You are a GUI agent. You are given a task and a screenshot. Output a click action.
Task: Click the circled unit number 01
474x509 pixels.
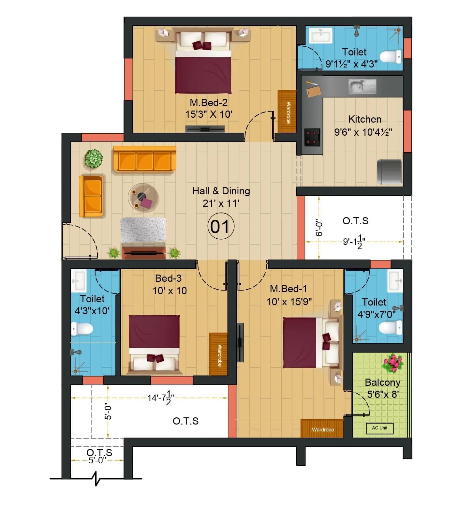[x=221, y=227]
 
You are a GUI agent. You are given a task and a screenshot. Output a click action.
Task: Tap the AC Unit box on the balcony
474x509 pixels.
[x=379, y=428]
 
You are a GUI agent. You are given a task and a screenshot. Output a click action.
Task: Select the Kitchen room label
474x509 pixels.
[x=364, y=119]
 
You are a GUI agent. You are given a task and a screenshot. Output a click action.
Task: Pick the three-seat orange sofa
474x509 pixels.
[x=144, y=159]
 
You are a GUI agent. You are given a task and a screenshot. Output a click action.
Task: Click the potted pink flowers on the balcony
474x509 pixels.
[x=393, y=363]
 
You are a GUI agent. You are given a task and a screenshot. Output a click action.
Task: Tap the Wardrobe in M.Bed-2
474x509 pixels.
[x=287, y=112]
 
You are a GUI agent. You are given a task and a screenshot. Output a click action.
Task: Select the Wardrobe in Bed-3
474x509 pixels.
[x=218, y=354]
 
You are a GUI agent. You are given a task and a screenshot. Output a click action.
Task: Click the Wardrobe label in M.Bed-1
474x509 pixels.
[x=322, y=429]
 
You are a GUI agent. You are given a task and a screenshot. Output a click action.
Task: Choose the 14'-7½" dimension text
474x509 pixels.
[x=160, y=398]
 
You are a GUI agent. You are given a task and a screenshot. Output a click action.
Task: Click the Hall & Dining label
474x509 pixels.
[x=221, y=191]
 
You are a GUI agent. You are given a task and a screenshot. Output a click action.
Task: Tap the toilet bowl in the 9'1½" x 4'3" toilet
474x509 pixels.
[x=391, y=57]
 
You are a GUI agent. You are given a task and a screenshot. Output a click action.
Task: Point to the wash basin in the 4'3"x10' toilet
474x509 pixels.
[x=78, y=281]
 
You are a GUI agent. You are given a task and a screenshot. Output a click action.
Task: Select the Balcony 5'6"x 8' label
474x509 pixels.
[x=382, y=388]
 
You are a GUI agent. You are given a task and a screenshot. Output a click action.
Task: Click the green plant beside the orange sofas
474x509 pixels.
[x=94, y=159]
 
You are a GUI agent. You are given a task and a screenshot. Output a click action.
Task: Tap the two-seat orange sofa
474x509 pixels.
[x=92, y=196]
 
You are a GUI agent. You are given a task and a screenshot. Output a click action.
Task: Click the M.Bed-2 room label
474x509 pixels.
[x=209, y=103]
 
